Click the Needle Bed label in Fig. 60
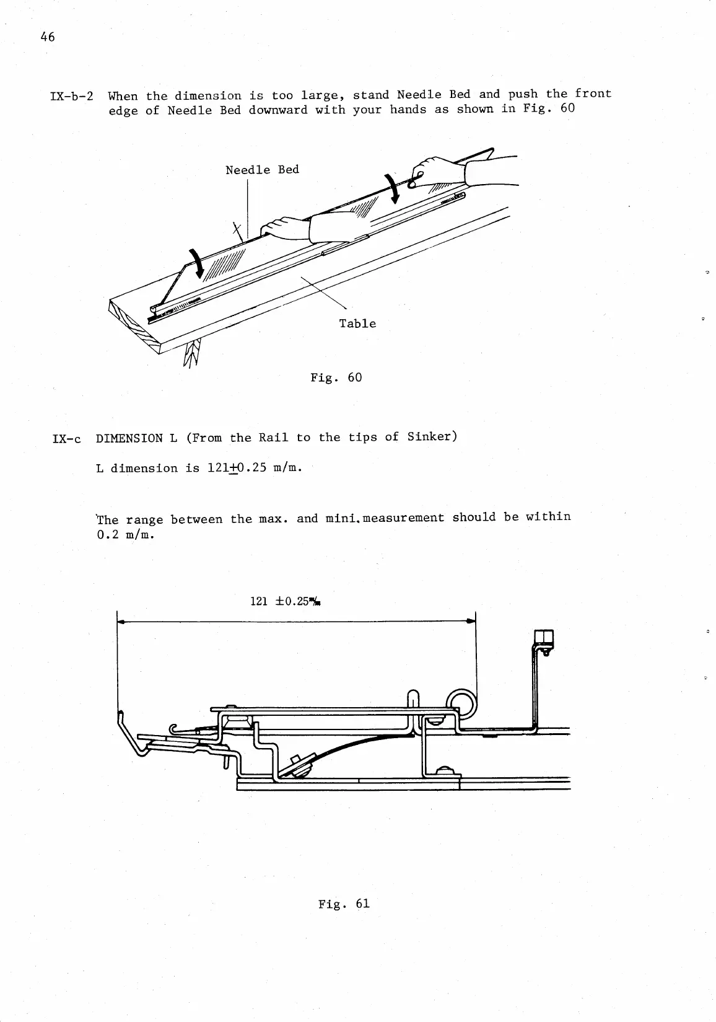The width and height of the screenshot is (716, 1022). [262, 170]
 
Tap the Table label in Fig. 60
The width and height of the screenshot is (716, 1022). [357, 324]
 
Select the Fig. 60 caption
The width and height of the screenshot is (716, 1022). [336, 377]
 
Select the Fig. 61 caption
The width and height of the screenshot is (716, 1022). [344, 904]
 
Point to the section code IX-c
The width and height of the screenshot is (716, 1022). [68, 438]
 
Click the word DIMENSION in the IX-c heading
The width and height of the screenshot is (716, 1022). [129, 438]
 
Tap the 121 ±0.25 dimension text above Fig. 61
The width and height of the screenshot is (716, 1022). [287, 601]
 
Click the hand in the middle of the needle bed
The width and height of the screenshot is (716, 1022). [286, 227]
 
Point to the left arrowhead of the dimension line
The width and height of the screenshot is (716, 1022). [121, 620]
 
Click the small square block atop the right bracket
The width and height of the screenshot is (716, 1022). [543, 638]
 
